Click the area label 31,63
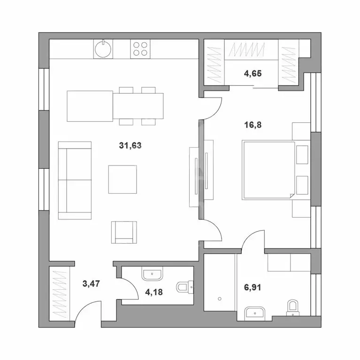(130, 145)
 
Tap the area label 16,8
(253, 125)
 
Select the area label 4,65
(253, 74)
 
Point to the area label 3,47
(91, 284)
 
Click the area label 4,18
(154, 292)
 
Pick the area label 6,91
(253, 287)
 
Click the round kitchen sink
(103, 49)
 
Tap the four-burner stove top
(140, 49)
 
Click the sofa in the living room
(75, 180)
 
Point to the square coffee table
(123, 180)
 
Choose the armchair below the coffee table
(124, 232)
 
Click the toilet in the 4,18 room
(185, 287)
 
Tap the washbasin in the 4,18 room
(152, 273)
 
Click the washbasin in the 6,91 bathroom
(255, 314)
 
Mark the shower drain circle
(220, 299)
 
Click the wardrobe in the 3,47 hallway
(59, 294)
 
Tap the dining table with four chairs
(138, 106)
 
